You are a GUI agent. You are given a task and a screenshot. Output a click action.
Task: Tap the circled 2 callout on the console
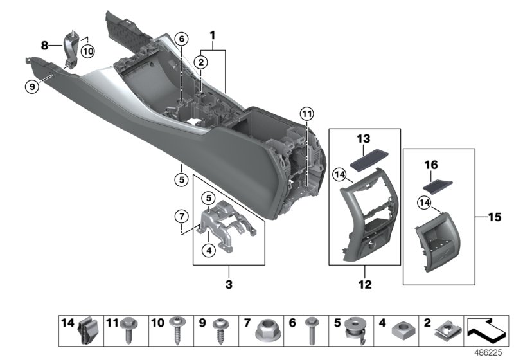point(201,62)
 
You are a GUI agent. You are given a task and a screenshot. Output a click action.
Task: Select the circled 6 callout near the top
point(182,39)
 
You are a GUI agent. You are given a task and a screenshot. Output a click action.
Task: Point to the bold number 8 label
point(44,46)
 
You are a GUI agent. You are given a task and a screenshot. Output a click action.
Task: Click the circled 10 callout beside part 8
point(87,50)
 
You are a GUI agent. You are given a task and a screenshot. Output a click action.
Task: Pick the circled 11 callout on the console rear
point(307,115)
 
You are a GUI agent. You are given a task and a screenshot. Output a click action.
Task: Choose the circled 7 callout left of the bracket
point(182,213)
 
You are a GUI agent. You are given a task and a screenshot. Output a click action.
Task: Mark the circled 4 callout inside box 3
point(208,251)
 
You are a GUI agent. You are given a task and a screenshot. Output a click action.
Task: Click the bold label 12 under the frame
point(364,283)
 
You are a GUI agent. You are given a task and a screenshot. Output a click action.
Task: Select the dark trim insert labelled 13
point(364,157)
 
